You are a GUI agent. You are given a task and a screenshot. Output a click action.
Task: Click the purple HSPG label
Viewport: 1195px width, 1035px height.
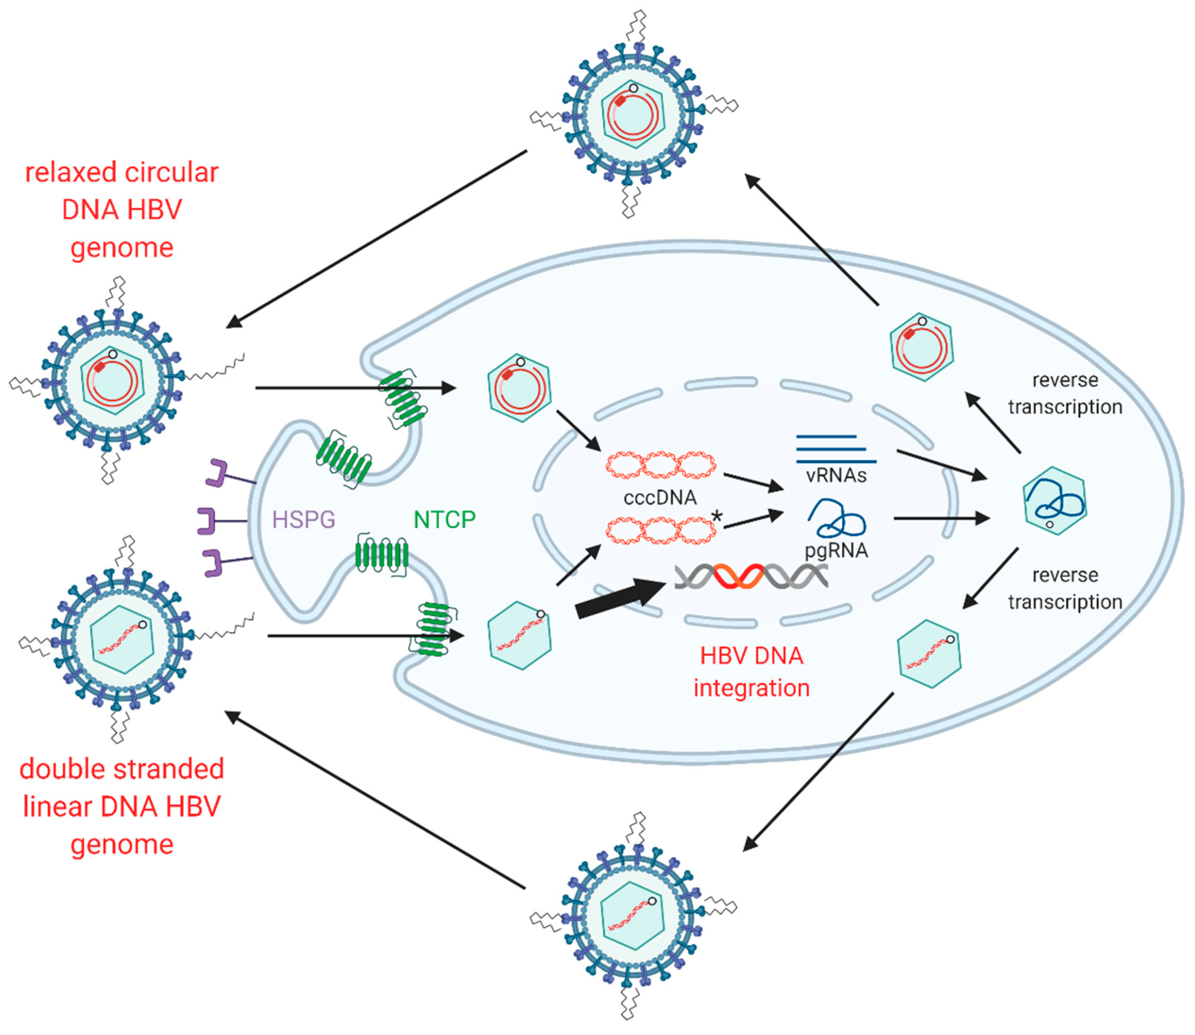click(x=303, y=520)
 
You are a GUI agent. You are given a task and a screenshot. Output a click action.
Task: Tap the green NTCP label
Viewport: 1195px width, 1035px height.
click(x=445, y=520)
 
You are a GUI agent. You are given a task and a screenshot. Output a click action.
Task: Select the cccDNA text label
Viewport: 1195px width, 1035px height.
click(x=660, y=497)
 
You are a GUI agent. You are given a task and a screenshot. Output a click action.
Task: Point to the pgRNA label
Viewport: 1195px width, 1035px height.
click(x=836, y=550)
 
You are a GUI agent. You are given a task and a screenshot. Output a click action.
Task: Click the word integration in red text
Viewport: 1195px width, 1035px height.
click(x=751, y=688)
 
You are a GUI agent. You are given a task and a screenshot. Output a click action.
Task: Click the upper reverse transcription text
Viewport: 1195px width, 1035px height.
click(x=1065, y=393)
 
